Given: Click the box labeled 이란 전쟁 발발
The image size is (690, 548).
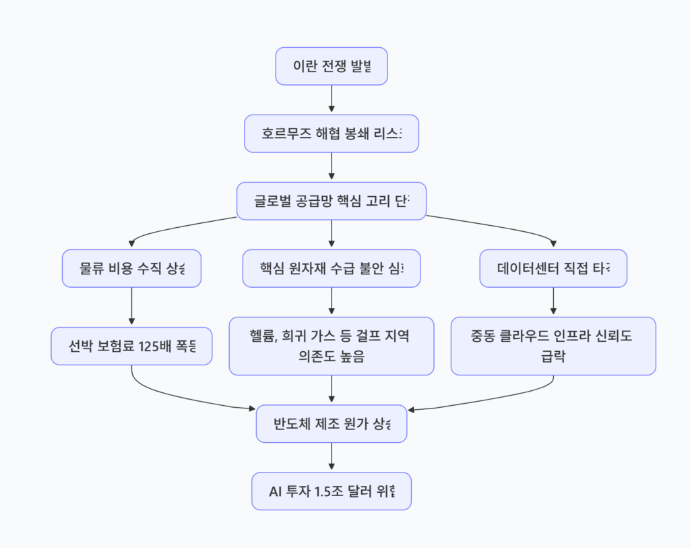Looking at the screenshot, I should (x=332, y=66).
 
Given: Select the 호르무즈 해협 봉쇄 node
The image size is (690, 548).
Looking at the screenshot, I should (x=332, y=133).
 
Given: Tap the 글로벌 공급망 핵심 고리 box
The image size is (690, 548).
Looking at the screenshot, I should (x=332, y=201).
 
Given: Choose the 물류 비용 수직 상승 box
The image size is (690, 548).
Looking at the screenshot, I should (x=131, y=268).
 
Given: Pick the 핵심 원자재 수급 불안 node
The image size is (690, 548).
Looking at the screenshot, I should (x=332, y=268).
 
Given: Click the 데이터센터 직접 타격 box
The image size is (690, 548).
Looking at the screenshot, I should (x=553, y=268).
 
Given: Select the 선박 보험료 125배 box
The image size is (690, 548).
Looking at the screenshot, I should (x=131, y=346).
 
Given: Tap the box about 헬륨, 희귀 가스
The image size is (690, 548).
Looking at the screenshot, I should (x=332, y=346).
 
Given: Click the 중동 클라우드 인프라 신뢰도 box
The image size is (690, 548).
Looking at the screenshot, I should (x=553, y=346).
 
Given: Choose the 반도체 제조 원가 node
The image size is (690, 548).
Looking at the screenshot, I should (x=332, y=424).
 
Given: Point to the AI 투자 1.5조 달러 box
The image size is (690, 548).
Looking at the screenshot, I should (x=332, y=491).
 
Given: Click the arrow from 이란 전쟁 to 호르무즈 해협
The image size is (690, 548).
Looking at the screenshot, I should (x=332, y=100).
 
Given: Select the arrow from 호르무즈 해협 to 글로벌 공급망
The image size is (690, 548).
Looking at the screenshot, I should (x=332, y=167).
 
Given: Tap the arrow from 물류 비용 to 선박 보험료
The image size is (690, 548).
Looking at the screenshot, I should (x=131, y=307).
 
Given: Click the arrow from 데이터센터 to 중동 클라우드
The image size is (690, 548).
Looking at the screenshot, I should (x=553, y=302).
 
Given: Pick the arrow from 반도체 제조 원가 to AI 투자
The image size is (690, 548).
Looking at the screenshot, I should (x=332, y=458).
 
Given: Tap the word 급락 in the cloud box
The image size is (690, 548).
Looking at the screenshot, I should (x=553, y=356).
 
